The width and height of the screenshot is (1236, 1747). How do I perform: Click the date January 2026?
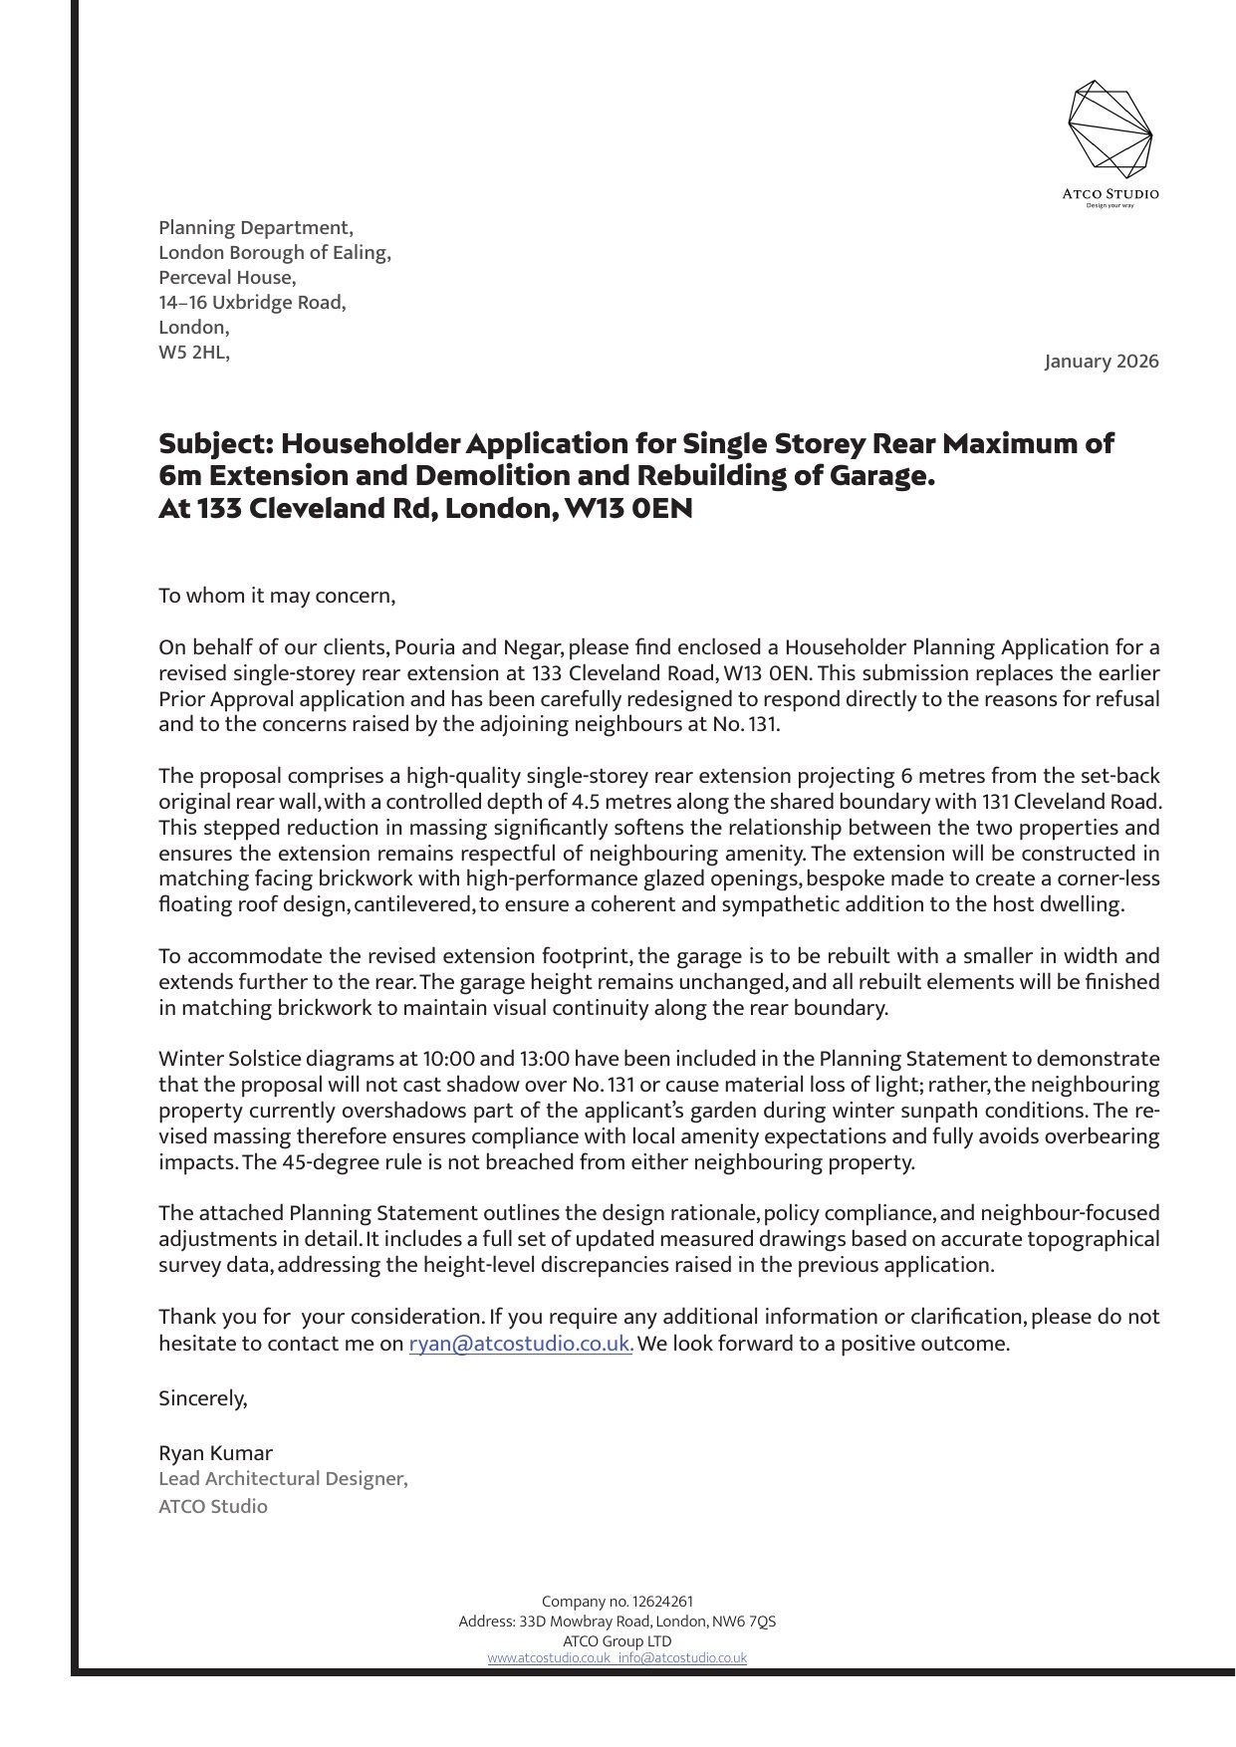[x=1102, y=362]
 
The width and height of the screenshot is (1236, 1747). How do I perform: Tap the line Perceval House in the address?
[x=227, y=278]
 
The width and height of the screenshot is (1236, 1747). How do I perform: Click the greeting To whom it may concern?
[x=277, y=597]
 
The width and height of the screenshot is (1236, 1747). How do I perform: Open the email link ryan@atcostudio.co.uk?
[x=520, y=1344]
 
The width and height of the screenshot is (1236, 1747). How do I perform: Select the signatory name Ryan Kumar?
[x=215, y=1453]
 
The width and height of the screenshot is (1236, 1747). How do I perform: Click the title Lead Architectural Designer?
[x=283, y=1479]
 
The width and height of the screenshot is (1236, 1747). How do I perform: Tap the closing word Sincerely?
[x=202, y=1398]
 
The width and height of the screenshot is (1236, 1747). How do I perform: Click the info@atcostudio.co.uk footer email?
[x=682, y=1658]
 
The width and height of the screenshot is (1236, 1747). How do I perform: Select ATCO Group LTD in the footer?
[x=618, y=1640]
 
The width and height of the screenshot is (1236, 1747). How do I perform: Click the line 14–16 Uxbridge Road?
[x=252, y=303]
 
